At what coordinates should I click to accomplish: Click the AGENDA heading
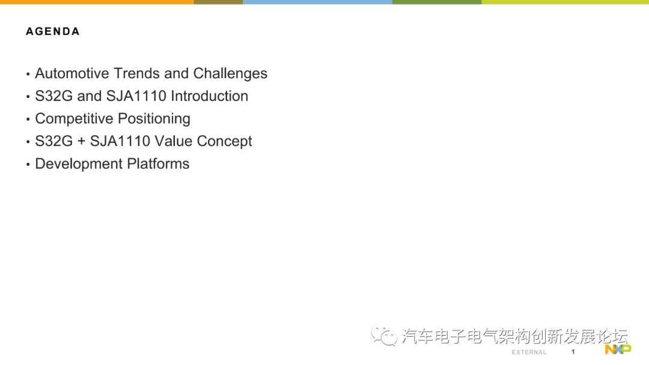(53, 31)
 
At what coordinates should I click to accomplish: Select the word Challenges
(230, 73)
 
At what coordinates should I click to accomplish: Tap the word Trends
(136, 73)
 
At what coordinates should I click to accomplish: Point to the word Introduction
(210, 96)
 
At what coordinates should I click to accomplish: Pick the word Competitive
(74, 118)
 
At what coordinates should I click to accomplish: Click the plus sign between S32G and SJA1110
(82, 142)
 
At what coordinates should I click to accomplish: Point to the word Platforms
(159, 164)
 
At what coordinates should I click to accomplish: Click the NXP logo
(618, 349)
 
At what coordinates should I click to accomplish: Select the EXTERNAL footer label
(529, 352)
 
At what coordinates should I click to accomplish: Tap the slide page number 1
(573, 352)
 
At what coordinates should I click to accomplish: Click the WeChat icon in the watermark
(384, 336)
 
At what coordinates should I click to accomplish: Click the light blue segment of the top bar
(317, 2)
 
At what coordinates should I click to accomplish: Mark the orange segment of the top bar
(96, 2)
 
